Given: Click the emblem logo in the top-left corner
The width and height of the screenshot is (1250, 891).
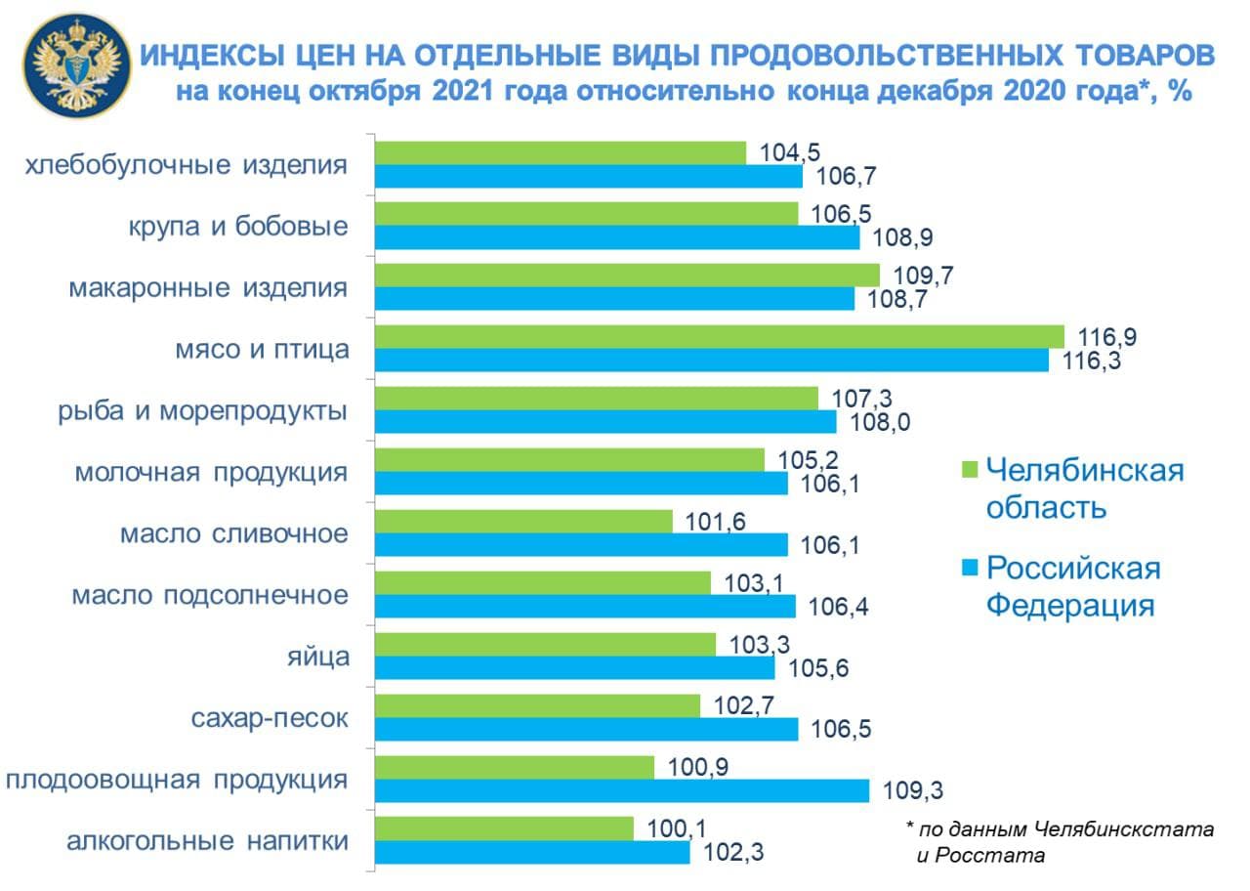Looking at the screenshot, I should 77,67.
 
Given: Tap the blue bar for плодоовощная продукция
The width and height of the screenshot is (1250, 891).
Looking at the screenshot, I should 622,790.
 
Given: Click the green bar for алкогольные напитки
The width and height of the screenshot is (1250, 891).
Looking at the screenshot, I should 505,828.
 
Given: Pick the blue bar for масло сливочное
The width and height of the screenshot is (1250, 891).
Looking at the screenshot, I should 581,544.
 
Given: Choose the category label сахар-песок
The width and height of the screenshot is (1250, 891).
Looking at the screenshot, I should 269,718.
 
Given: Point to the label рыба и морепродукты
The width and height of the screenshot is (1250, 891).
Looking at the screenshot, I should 200,410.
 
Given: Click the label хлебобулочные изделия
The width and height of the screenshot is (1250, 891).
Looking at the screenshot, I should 186,164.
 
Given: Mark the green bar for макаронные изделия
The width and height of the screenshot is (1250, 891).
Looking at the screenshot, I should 627,275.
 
